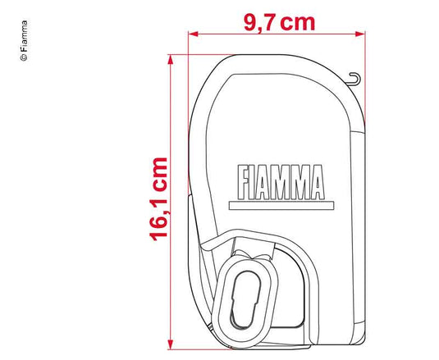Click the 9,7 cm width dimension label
280,23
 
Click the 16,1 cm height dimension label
158,199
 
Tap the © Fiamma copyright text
24,40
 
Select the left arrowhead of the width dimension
194,34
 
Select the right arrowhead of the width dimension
360,34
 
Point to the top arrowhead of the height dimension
170,60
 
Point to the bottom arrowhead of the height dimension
170,344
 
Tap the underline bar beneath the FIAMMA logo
281,206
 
